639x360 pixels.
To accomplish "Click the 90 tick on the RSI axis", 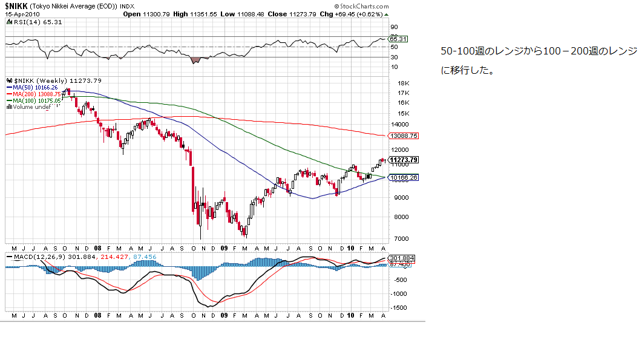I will tap(393, 27).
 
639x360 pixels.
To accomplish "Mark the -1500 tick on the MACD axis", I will tap(399, 308).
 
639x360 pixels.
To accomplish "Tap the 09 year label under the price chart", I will tap(223, 248).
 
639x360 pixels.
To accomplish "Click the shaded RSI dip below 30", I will tap(195, 60).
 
